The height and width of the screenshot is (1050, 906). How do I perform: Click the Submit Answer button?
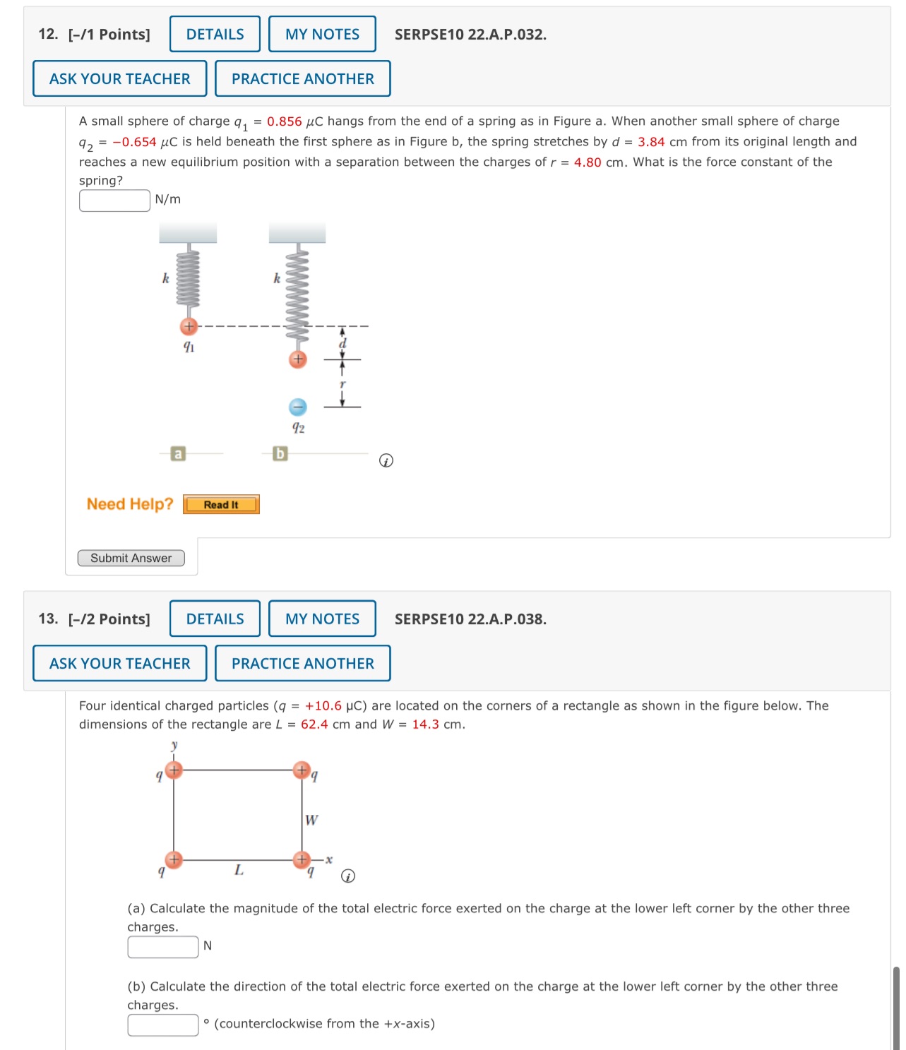point(131,558)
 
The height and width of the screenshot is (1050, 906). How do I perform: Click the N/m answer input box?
point(114,201)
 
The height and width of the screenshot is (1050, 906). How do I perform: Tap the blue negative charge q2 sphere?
point(298,407)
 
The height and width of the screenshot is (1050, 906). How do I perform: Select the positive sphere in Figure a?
point(189,326)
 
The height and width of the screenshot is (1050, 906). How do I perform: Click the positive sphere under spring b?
point(298,359)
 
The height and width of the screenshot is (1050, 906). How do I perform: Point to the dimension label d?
point(343,343)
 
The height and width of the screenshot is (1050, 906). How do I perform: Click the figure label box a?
point(178,453)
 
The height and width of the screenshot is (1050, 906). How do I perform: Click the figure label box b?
point(280,453)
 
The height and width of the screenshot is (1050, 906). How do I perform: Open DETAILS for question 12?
point(215,34)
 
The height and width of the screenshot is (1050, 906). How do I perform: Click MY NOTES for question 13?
point(322,619)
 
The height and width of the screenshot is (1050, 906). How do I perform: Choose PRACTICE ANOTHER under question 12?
point(302,78)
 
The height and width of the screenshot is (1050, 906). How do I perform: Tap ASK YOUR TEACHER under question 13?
point(119,663)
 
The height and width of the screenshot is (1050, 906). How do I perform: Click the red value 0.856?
point(284,121)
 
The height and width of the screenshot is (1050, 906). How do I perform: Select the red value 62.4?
point(314,724)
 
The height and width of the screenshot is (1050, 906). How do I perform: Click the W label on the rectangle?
point(311,820)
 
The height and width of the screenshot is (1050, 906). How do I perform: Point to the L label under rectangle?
point(239,870)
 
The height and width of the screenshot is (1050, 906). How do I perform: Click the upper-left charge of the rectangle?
point(174,770)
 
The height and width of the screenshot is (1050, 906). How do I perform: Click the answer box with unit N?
point(163,947)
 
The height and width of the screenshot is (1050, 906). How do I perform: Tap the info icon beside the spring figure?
point(386,461)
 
